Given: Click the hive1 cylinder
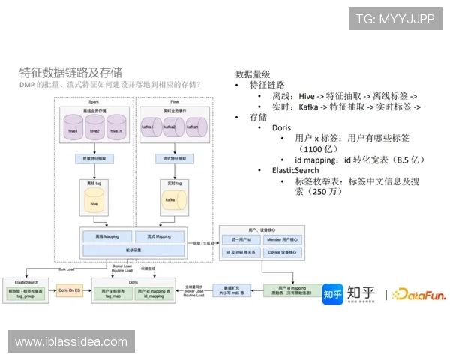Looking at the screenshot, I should tap(73, 128).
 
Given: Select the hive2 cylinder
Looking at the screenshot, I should tap(94, 128).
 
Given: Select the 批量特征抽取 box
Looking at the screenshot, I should tap(94, 159).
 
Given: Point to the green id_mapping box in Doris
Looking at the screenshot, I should tap(156, 293).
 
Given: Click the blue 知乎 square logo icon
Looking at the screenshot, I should tap(332, 294).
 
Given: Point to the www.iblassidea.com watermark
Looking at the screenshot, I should tap(70, 342).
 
